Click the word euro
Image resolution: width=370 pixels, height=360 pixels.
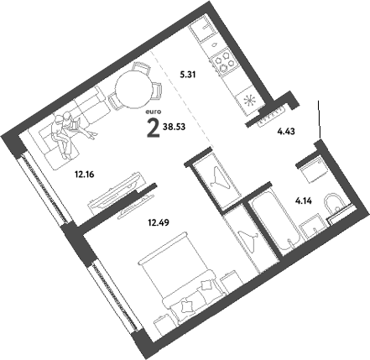pos(153,111)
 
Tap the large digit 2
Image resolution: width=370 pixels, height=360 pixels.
pos(153,128)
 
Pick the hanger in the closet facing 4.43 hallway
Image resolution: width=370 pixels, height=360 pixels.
pos(220,179)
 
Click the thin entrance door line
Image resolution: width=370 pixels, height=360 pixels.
pos(320,117)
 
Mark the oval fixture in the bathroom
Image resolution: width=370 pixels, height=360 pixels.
pos(335,201)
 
